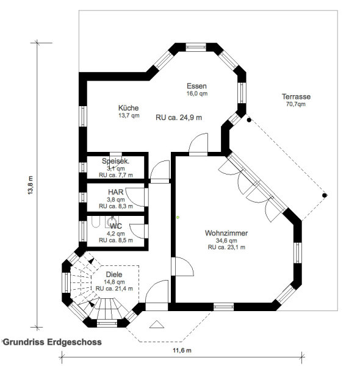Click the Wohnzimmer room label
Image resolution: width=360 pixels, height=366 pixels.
[226, 233]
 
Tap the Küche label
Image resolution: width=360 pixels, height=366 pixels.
[128, 108]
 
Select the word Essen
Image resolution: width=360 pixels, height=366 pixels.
[196, 86]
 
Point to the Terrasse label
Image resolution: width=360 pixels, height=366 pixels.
[296, 96]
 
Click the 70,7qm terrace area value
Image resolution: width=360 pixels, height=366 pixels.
[296, 104]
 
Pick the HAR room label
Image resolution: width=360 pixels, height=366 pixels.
[115, 192]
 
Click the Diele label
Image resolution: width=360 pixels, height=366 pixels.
[114, 274]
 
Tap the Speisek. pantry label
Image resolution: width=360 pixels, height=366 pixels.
[115, 161]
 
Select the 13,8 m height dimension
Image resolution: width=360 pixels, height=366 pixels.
[31, 185]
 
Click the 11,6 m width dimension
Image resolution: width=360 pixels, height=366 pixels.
[182, 350]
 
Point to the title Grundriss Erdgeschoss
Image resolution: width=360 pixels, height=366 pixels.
[52, 342]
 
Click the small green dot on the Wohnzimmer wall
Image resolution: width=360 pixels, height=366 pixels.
[178, 217]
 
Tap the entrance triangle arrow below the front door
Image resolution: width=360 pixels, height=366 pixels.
[157, 325]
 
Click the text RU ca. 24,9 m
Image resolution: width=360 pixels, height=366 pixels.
[179, 117]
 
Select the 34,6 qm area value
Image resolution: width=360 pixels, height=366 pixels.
[226, 240]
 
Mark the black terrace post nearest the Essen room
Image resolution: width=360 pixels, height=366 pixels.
[249, 120]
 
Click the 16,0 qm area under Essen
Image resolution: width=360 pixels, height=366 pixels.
[197, 93]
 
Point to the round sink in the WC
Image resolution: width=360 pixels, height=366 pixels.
[112, 221]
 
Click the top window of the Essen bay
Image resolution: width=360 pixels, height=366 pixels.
[196, 48]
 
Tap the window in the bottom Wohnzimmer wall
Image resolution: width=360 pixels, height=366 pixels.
[223, 307]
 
